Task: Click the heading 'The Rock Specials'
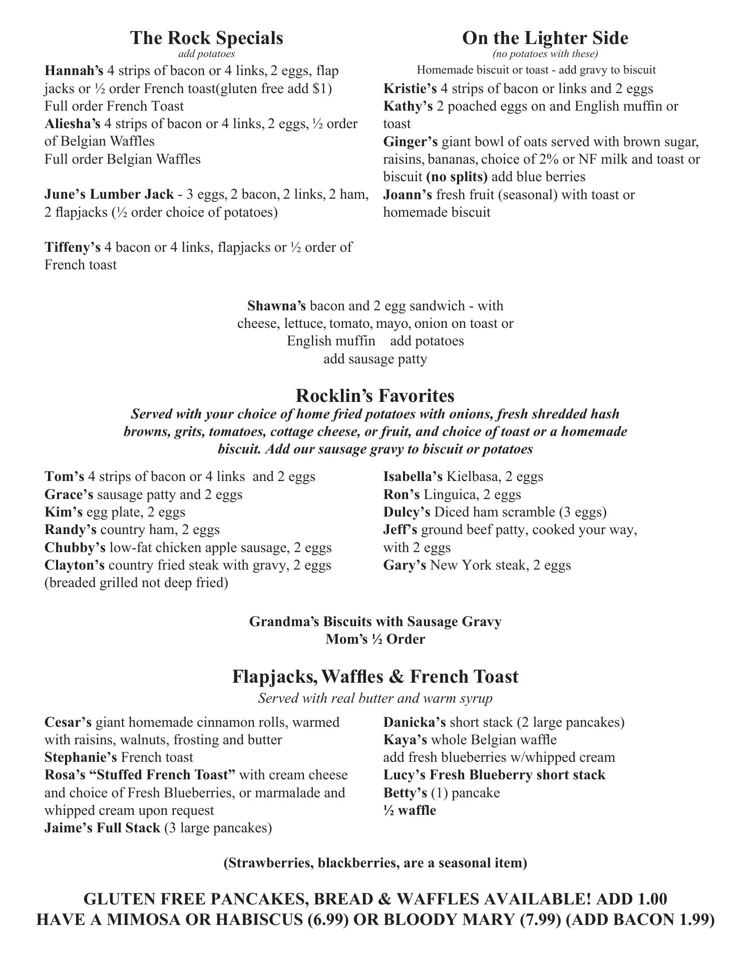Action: click(x=207, y=38)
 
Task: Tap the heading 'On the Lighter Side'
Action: click(x=545, y=38)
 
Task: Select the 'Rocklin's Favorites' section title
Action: click(x=375, y=395)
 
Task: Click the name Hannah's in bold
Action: click(x=74, y=71)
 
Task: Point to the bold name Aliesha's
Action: click(x=72, y=124)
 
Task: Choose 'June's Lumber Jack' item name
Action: click(x=109, y=194)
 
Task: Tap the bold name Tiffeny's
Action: click(x=72, y=247)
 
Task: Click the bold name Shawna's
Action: click(x=276, y=306)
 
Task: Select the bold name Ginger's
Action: click(x=411, y=142)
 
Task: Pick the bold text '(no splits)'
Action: click(x=457, y=177)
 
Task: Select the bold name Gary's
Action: click(x=405, y=565)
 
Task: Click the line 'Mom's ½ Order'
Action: click(x=375, y=639)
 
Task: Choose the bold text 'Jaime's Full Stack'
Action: click(x=102, y=828)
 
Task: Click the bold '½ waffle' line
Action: click(x=410, y=810)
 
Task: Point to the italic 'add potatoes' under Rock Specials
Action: click(x=206, y=54)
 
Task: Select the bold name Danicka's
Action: click(x=414, y=722)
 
